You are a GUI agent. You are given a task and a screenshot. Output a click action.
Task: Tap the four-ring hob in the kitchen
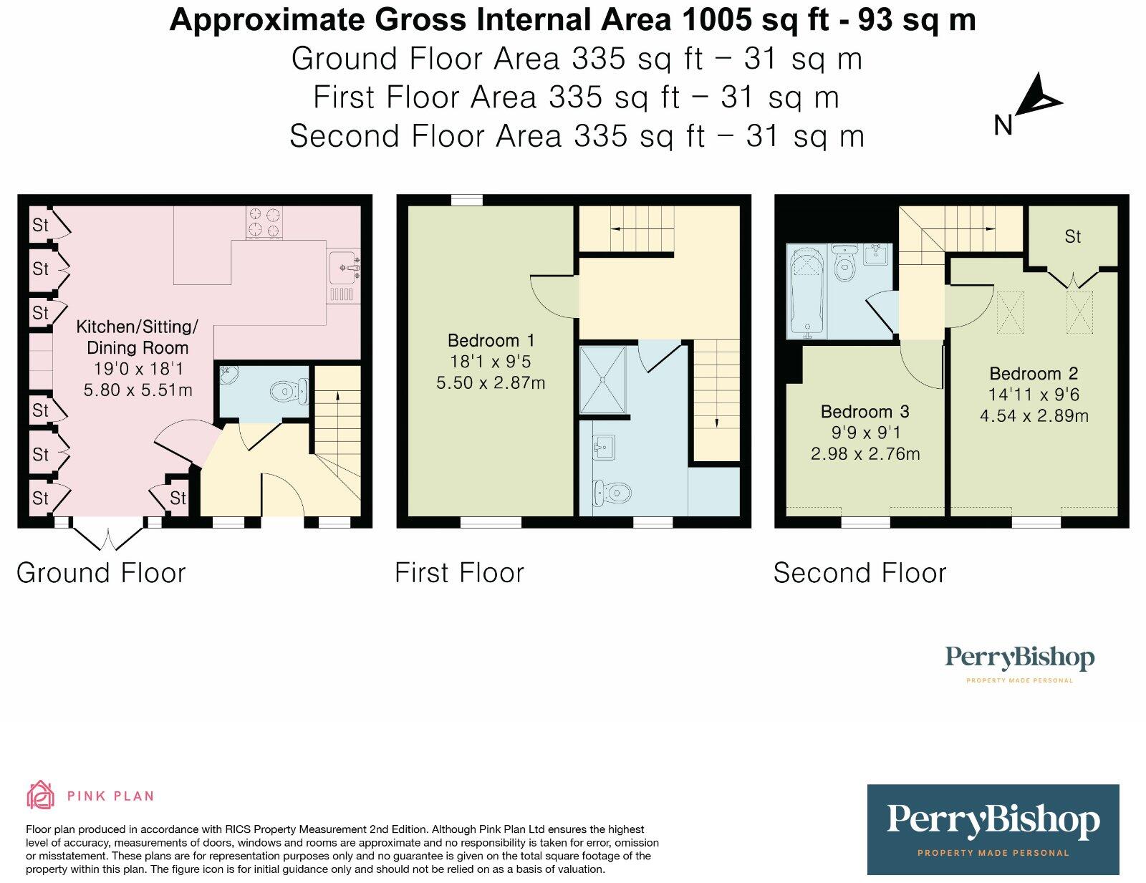tap(265, 222)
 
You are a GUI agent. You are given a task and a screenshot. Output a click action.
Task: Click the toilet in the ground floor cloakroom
tap(288, 391)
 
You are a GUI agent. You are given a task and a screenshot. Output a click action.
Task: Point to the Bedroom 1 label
tap(491, 340)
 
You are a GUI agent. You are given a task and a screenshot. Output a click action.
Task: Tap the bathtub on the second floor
tap(806, 291)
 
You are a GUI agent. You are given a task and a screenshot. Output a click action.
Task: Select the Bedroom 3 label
tap(865, 412)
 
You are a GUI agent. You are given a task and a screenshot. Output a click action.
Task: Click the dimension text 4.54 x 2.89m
tap(1034, 415)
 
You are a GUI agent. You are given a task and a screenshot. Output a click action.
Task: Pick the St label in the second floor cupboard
tap(1072, 236)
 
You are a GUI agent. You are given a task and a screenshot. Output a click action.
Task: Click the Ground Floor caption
tap(101, 573)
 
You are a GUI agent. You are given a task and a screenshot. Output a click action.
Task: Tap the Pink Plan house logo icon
tap(40, 795)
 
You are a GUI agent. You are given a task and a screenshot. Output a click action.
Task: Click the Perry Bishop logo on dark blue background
tap(993, 829)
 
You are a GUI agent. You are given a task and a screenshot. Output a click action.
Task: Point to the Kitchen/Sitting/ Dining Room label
tap(137, 337)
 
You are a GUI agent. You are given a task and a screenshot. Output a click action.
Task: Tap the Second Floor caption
tap(860, 573)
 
